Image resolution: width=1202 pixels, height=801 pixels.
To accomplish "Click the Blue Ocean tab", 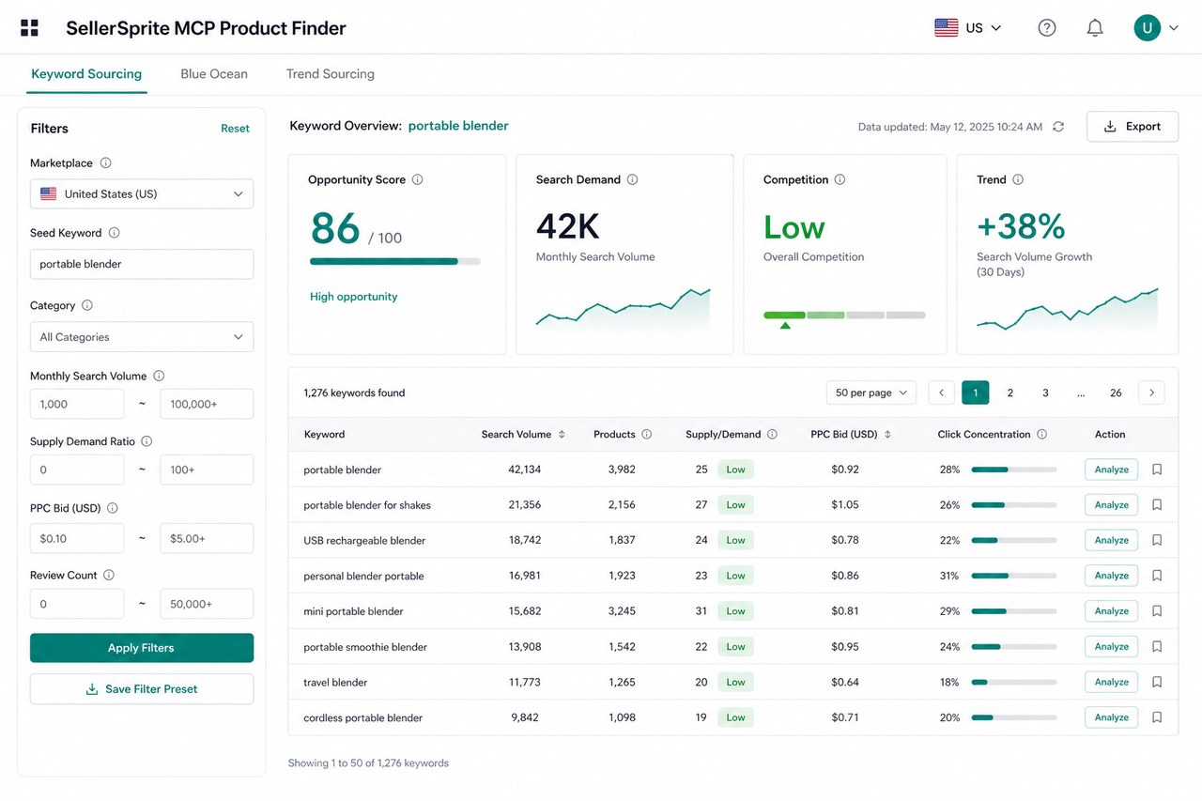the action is click(213, 74).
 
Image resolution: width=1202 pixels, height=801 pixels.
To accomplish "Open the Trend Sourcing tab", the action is click(330, 74).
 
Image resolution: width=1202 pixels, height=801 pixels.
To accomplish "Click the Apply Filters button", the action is click(142, 648).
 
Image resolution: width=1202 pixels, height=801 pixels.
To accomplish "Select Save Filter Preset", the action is click(142, 689).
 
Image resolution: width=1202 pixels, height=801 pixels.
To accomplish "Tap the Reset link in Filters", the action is click(235, 129).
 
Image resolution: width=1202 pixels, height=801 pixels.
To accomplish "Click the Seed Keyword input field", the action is click(142, 264).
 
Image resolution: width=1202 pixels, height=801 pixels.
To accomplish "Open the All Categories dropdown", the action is click(142, 337).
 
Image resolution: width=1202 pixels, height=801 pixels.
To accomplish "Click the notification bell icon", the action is click(1095, 28).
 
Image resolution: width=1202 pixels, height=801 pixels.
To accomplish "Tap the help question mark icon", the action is click(1047, 28).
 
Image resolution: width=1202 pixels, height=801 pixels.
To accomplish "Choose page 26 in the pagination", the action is click(1116, 393).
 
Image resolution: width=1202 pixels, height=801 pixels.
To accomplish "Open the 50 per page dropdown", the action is click(871, 393).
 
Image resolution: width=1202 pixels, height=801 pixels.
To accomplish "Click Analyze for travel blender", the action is click(1111, 682).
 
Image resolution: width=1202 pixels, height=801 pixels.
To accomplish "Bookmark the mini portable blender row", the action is click(1157, 611).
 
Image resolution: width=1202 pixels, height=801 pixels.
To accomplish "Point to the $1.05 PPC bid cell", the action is click(845, 505).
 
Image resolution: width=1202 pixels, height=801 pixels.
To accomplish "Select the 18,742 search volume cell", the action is click(525, 540).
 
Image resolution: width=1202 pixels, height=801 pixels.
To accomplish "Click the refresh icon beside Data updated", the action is click(1058, 127).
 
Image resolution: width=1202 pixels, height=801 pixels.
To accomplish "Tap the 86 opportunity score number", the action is click(335, 228).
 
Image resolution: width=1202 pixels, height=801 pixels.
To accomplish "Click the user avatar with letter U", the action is click(1148, 28).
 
